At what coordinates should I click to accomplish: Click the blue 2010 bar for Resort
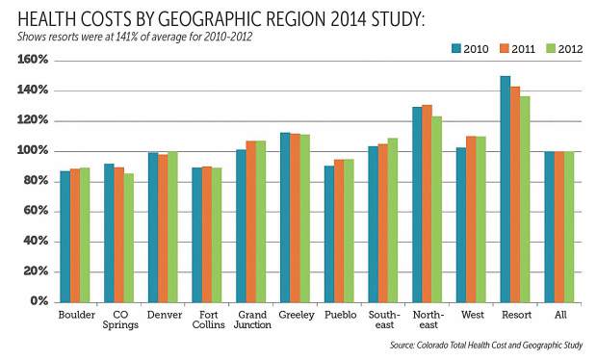[505, 189]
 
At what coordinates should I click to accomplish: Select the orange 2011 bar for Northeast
[427, 204]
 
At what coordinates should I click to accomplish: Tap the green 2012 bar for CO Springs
[129, 238]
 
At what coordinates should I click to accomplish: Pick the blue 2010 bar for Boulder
[65, 237]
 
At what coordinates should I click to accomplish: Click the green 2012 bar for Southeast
[393, 220]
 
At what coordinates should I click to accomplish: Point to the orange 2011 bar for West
[471, 219]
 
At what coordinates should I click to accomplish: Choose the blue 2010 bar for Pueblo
[329, 234]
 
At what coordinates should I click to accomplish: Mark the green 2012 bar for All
[569, 227]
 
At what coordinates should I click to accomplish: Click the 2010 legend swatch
[456, 48]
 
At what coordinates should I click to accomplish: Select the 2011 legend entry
[517, 49]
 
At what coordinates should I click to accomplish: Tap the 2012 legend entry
[564, 49]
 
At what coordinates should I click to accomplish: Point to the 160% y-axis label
[33, 60]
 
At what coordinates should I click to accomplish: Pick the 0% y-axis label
[39, 301]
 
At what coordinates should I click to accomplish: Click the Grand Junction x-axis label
[252, 320]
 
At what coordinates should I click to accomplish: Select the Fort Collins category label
[208, 320]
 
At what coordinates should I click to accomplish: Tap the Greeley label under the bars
[297, 315]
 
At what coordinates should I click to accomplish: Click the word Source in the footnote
[402, 346]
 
